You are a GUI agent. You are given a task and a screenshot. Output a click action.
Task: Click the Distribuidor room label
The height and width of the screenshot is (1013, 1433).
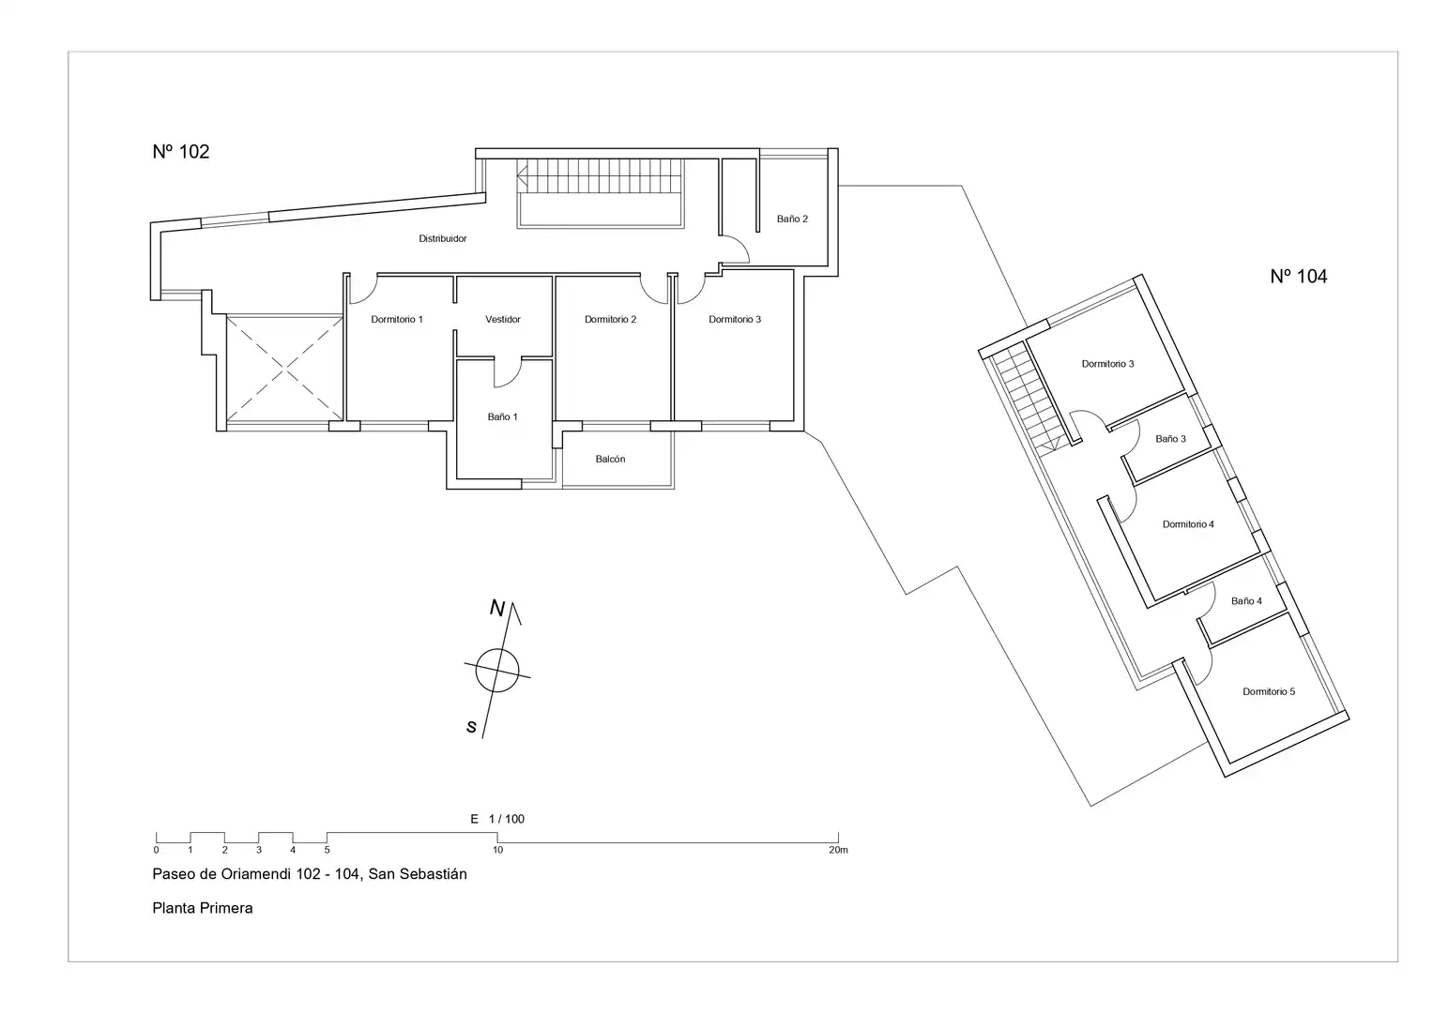(x=443, y=238)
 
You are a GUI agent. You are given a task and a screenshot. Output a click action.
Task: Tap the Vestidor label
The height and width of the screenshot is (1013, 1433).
(x=503, y=319)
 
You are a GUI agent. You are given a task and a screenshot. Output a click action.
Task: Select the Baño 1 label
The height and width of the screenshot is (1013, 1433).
(x=503, y=417)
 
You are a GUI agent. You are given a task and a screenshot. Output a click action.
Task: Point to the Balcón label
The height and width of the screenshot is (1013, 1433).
(x=610, y=460)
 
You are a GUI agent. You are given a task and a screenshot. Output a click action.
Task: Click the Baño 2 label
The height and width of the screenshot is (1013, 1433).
(x=793, y=219)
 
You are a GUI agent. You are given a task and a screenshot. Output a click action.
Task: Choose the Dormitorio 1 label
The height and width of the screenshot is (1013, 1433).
(x=397, y=319)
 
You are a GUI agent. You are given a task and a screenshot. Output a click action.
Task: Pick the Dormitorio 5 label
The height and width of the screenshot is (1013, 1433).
(x=1269, y=691)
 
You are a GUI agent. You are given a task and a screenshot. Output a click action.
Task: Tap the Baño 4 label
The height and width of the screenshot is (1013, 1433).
(x=1247, y=601)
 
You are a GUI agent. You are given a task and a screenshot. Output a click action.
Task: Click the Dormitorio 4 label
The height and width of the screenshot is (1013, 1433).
(x=1188, y=524)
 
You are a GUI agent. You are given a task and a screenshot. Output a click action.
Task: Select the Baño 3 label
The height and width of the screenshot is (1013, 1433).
(x=1171, y=439)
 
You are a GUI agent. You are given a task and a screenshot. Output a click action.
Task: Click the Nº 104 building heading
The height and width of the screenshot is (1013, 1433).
(x=1299, y=277)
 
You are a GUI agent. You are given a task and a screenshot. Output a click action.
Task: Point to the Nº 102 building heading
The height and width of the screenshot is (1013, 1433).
(x=181, y=152)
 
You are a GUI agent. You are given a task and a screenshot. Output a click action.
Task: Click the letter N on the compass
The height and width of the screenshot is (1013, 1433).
(x=497, y=608)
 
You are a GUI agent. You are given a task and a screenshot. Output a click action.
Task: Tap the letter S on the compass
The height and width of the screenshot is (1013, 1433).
(x=471, y=727)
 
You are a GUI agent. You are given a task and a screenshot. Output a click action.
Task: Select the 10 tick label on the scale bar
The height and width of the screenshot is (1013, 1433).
(x=497, y=850)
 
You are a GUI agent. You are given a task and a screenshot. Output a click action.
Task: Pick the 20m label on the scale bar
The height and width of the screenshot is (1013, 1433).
(x=838, y=850)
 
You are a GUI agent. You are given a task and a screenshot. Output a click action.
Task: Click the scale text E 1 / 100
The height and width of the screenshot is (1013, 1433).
(x=497, y=819)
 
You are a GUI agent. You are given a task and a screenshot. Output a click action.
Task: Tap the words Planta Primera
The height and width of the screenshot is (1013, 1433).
(x=202, y=908)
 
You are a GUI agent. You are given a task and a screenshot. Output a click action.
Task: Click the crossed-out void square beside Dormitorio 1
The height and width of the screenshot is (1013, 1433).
(x=284, y=369)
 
